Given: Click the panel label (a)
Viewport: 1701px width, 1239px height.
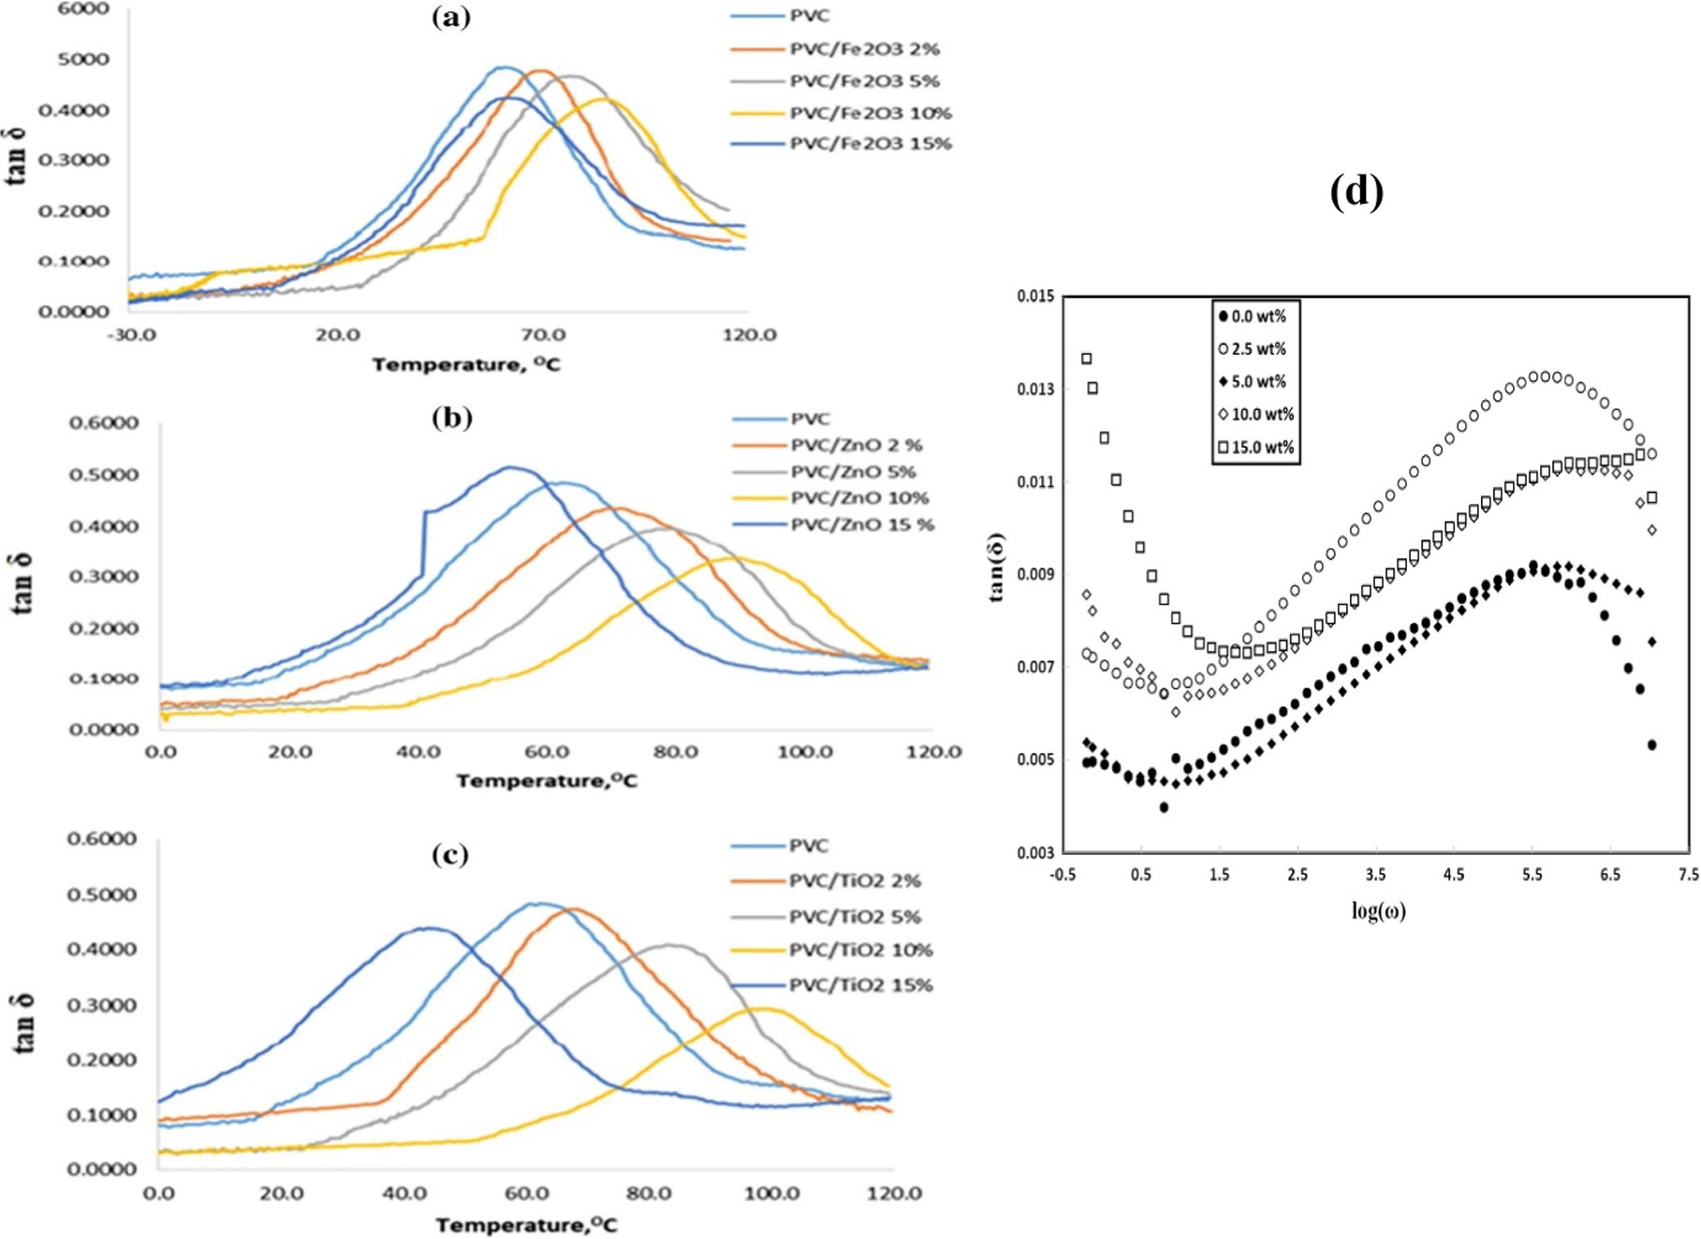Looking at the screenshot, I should click(451, 17).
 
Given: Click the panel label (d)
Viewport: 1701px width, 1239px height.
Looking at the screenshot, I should click(1356, 192).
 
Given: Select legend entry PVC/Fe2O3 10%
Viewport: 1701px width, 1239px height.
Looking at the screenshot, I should click(870, 113).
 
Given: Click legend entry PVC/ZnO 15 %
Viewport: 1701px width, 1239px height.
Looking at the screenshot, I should click(861, 524).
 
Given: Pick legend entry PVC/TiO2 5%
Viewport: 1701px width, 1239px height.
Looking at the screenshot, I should click(854, 916).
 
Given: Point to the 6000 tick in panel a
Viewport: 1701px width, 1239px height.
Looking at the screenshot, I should click(83, 8).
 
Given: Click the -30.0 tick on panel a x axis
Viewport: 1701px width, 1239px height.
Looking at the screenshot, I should click(132, 334).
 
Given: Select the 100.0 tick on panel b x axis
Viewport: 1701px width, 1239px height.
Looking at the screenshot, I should click(805, 752).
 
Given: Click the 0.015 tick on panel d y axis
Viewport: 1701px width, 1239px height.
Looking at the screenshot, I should click(1035, 297).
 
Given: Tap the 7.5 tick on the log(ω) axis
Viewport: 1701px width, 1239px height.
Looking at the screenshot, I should click(1688, 875).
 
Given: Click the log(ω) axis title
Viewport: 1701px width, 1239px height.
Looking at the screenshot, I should click(1378, 910).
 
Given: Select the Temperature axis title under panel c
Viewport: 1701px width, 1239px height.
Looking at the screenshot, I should click(526, 1224).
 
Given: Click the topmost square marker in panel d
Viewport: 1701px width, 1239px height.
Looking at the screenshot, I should click(1087, 359).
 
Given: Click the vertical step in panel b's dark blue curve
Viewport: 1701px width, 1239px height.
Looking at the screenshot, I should click(424, 543).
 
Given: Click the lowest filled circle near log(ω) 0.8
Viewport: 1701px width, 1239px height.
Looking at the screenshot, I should click(1164, 807).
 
